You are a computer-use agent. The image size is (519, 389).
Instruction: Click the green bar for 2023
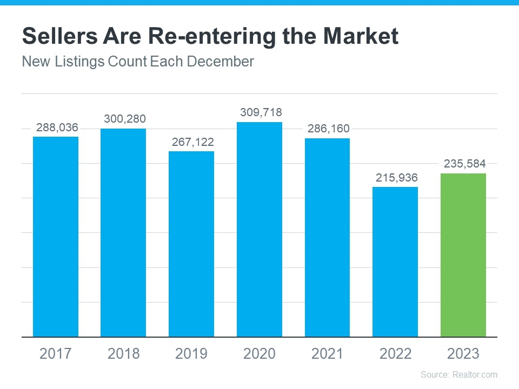point(463,255)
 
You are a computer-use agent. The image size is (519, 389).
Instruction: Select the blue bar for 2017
point(56,237)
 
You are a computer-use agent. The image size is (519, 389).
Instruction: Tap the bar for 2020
point(259,230)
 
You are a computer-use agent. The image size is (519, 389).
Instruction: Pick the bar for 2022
point(395,262)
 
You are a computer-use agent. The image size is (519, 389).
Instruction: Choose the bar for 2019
point(191,244)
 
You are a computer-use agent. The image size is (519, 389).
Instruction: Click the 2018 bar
point(123,233)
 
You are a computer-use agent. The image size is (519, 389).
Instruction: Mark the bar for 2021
point(327,238)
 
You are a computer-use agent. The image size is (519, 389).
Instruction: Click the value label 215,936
point(395,177)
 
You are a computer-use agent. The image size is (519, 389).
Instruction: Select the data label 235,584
point(463,164)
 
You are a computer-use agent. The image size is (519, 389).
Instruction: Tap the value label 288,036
point(57,128)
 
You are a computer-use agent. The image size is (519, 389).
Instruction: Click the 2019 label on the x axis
point(191,353)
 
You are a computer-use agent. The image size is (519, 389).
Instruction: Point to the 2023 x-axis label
point(463,353)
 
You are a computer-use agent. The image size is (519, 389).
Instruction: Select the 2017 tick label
point(56,353)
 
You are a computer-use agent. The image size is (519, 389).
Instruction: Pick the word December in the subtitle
point(220,62)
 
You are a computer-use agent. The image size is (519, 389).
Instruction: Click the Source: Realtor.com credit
point(458,374)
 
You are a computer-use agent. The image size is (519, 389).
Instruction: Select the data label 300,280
point(124,119)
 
